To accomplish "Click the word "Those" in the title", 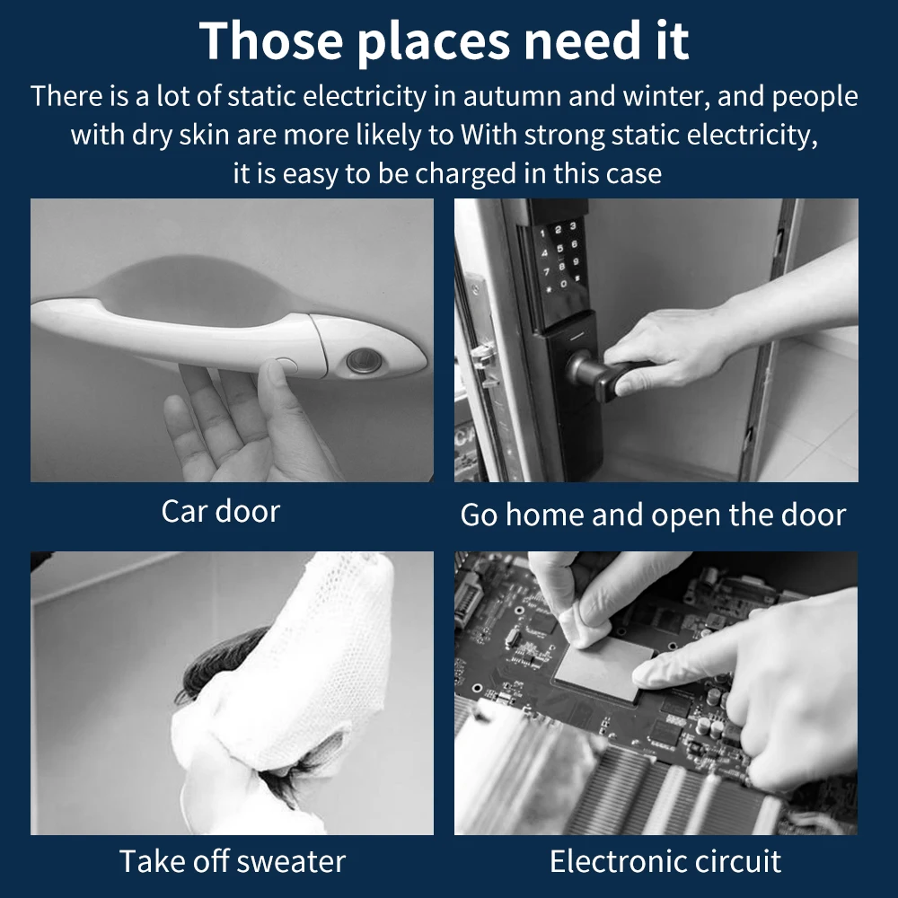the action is [271, 40].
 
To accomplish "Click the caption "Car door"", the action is [221, 511].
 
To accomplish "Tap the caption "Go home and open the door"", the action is [653, 515].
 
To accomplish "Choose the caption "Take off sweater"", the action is [233, 861].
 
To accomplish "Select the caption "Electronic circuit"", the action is [665, 861].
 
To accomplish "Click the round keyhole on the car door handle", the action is [364, 361].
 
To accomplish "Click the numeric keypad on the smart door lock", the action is [559, 259].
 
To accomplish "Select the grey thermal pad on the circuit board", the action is [604, 666].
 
